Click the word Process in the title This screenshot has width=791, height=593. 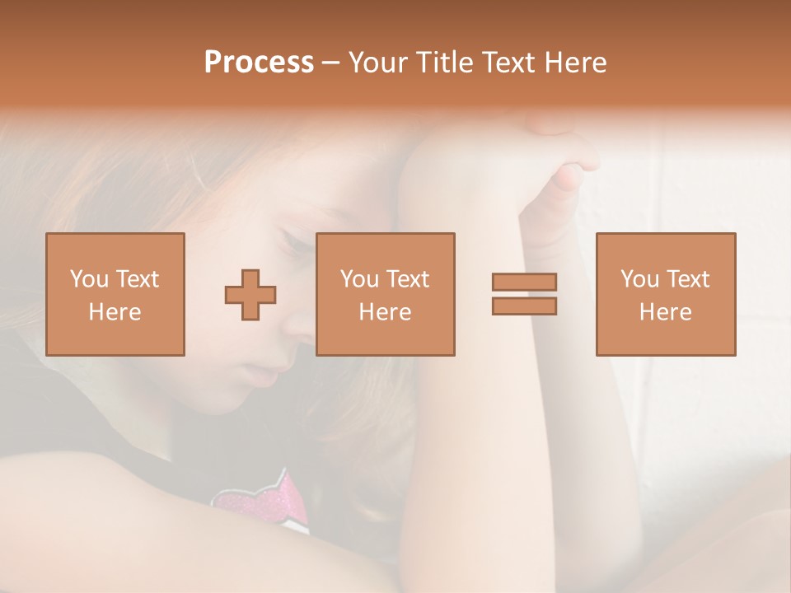click(x=259, y=63)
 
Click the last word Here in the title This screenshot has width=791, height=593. click(x=577, y=63)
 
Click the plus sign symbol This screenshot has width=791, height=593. click(x=250, y=295)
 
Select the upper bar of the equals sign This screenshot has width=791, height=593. click(x=524, y=282)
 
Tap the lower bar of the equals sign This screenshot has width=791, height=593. click(x=524, y=306)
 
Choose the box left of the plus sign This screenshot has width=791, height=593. click(x=115, y=294)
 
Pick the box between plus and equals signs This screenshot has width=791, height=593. click(x=385, y=294)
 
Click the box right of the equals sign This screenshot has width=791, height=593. click(x=665, y=294)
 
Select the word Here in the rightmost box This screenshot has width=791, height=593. click(x=665, y=312)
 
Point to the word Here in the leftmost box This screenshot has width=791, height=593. click(x=115, y=312)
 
